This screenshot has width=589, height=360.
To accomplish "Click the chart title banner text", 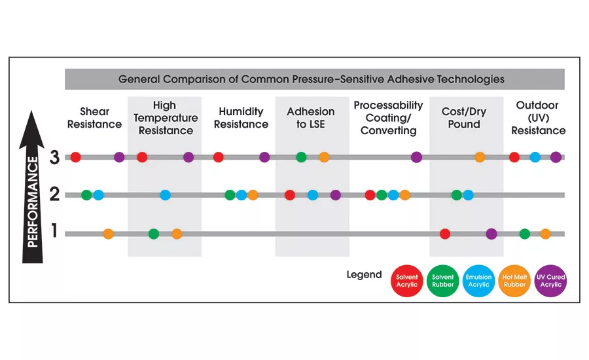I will [311, 79].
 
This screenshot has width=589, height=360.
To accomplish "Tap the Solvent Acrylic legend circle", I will [406, 281].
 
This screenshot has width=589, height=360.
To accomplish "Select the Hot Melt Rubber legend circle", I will [514, 281].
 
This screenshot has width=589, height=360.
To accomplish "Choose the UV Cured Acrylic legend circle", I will [550, 281].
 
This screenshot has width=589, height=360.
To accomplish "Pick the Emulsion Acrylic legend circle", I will [478, 281].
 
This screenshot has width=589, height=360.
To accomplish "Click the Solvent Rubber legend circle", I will [442, 281].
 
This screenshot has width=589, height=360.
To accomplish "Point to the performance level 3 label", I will [55, 157].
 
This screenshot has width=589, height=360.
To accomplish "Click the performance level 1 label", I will [55, 232].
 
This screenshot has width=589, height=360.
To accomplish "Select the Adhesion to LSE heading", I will [311, 118].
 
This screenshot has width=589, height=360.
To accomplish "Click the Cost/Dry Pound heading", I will [464, 118].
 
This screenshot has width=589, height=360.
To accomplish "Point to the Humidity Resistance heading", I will [241, 118].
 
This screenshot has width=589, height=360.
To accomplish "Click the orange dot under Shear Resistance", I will [109, 234].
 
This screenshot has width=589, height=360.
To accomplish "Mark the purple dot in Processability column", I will [416, 157].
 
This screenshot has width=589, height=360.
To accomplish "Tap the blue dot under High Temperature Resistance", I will [166, 194].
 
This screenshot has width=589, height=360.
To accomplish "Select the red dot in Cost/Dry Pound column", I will [445, 234].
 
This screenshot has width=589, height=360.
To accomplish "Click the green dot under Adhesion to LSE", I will [301, 157].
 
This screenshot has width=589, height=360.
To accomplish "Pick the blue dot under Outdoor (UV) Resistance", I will [535, 157].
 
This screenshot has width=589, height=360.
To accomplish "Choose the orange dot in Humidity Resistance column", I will [253, 194].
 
